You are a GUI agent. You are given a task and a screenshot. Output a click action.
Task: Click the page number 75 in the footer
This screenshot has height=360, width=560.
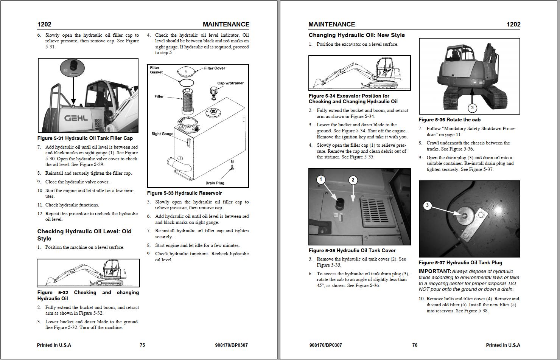coord(142,345)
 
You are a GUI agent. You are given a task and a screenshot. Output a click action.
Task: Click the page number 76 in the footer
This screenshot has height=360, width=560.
coord(415,345)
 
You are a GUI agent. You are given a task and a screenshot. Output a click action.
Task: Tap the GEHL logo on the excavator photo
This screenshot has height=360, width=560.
coord(76,118)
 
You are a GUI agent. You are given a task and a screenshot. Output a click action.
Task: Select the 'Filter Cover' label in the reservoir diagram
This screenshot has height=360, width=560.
coord(215,68)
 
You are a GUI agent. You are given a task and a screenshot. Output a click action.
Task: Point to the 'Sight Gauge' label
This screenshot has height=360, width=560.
coord(162,134)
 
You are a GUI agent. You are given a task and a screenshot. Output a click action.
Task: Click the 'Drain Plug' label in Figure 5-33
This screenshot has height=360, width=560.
coord(215,183)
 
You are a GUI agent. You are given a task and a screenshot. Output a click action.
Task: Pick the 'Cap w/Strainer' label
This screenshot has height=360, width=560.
coord(230,83)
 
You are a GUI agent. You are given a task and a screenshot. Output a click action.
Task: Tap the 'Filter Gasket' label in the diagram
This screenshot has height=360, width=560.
coord(156,70)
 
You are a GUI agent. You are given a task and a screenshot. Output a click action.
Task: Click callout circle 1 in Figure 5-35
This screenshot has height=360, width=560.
coord(321,179)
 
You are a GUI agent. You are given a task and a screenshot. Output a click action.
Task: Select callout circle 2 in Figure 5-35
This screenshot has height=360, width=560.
coord(353,180)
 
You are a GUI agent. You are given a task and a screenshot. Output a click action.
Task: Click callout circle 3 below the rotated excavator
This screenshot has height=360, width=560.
coord(472,108)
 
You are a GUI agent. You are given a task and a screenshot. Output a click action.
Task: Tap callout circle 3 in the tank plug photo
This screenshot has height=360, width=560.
coord(427,205)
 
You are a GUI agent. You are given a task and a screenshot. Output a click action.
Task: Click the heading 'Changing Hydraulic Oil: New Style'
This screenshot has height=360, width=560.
coord(356,35)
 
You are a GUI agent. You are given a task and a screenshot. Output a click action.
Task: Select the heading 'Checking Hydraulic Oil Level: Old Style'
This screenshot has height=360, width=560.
coord(84,235)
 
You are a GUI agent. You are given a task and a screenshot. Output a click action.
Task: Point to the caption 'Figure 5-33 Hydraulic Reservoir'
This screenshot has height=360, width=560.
coord(184,193)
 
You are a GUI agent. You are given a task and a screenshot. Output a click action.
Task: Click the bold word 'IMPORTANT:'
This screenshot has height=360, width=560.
coord(435,271)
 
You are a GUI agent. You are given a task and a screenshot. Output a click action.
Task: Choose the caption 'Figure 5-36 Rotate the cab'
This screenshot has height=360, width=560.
coord(449,119)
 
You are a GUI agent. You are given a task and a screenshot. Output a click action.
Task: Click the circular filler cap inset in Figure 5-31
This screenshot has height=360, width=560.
coord(73,68)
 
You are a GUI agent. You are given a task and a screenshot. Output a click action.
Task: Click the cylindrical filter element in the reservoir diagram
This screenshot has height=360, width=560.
coord(188,101)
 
